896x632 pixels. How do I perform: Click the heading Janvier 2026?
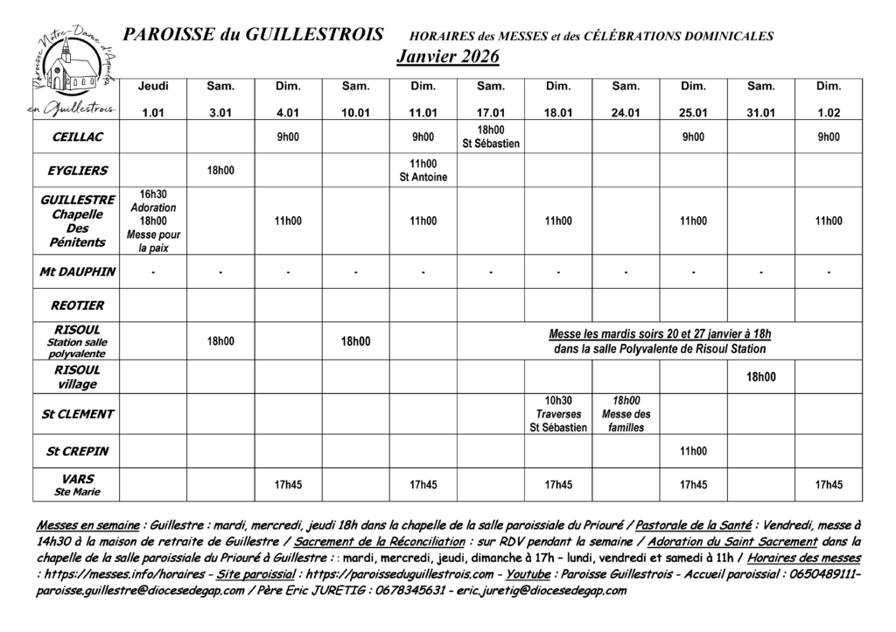point(447,57)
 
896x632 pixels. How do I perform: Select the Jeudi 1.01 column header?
point(153,99)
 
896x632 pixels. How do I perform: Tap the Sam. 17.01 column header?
point(491,99)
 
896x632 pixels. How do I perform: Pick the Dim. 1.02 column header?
point(828,99)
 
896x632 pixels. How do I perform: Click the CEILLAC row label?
point(78,137)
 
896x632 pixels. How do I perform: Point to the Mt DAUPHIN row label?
point(78,271)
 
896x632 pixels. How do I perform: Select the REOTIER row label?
point(78,305)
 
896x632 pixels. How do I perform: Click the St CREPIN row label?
point(78,452)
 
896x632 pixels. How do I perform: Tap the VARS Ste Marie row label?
point(78,484)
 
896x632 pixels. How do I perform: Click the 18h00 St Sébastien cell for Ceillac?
point(491,137)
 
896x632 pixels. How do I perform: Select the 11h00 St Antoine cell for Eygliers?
point(423,170)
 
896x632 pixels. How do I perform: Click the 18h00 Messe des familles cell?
point(626,413)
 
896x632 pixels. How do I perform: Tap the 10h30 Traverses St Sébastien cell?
point(558,413)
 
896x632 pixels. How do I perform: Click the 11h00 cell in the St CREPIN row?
point(693,452)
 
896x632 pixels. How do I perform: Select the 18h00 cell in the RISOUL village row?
point(760,377)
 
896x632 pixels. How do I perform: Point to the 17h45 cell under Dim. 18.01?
point(558,484)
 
